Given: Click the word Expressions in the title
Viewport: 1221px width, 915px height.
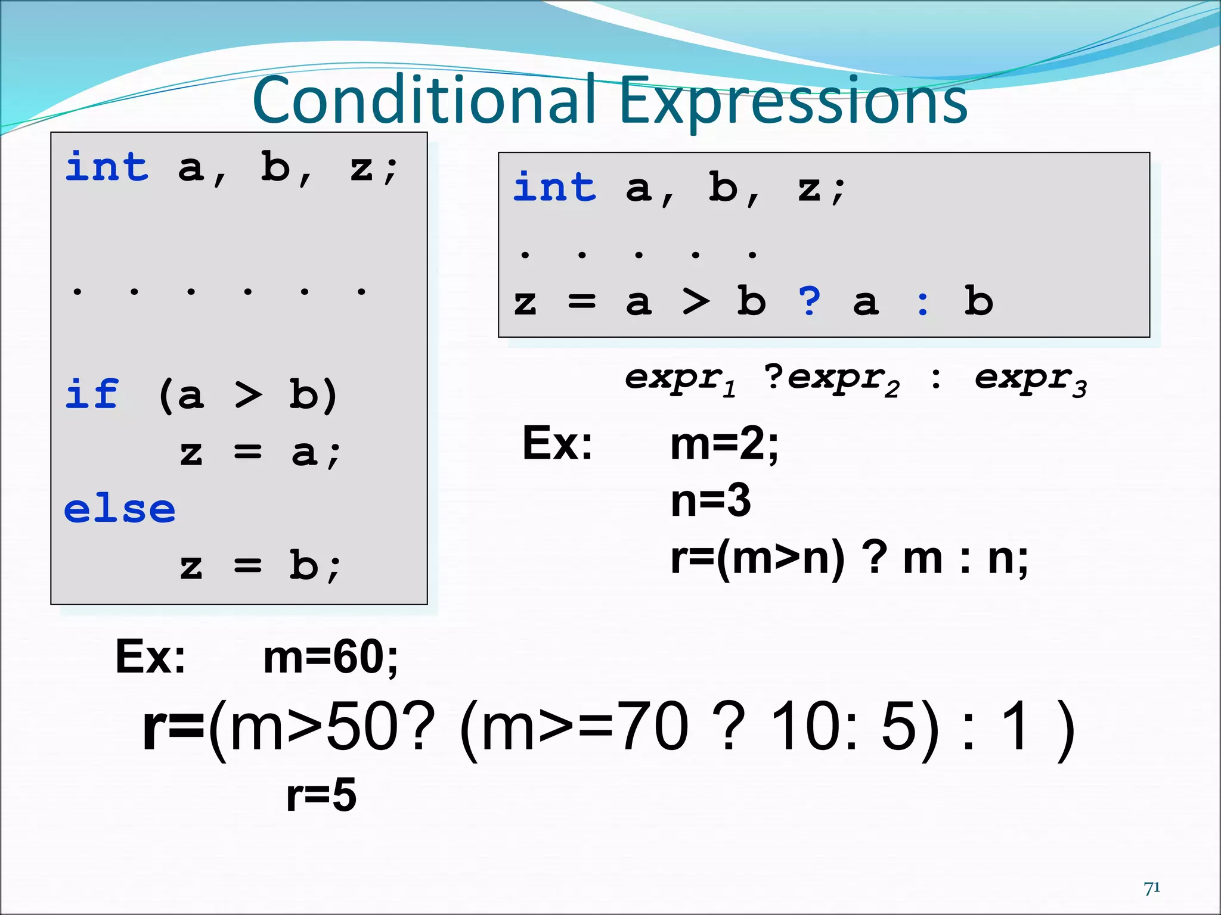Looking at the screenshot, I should [793, 101].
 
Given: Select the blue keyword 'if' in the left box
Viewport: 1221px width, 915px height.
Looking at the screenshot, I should [92, 394].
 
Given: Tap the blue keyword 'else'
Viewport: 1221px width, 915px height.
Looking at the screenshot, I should [120, 510].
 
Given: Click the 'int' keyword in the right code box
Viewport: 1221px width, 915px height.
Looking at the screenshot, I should [554, 187].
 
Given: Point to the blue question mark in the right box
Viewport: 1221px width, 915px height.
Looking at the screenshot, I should [810, 301].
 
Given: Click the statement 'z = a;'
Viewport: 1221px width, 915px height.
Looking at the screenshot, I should [260, 453].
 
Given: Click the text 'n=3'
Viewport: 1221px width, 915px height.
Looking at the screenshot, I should [710, 501].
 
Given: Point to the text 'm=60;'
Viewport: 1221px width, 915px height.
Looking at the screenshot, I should [331, 658].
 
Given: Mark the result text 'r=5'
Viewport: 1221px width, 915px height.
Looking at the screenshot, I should [321, 795].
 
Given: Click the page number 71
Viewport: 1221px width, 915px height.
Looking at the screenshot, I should [1152, 888].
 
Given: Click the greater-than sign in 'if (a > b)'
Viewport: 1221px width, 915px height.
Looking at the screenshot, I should [248, 395].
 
